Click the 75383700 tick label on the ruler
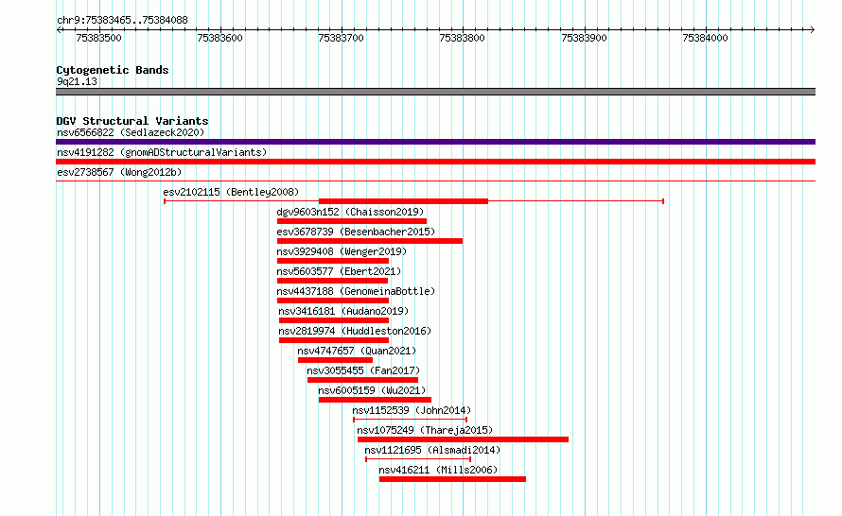point(341,38)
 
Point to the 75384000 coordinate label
point(705,38)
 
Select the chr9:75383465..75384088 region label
point(122,21)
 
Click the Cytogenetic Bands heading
point(113,70)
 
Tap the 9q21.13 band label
point(77,81)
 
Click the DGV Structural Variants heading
point(132,121)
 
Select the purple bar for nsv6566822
point(435,142)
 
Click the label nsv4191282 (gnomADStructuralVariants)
point(162,152)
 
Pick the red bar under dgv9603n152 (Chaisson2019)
point(352,221)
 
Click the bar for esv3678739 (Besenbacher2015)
point(370,241)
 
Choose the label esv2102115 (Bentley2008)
point(231,192)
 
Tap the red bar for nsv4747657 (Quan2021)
point(335,360)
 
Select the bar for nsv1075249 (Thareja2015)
point(463,439)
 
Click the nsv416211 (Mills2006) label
point(438,470)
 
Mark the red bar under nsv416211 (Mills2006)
point(452,479)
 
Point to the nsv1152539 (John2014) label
point(412,410)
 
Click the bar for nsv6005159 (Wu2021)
point(375,400)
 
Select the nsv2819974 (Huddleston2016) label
point(355,331)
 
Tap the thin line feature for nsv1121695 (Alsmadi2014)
point(418,459)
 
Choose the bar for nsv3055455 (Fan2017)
point(362,380)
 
